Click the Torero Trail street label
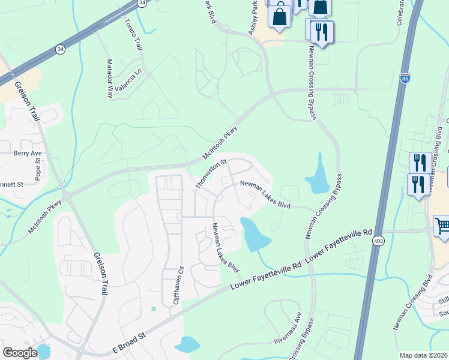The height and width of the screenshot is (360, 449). click(x=133, y=34)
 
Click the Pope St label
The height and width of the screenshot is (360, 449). click(x=38, y=170)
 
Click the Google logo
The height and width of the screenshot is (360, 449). click(x=20, y=353)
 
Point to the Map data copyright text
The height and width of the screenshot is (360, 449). click(x=424, y=355)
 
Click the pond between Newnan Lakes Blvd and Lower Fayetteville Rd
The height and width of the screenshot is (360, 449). click(x=253, y=234)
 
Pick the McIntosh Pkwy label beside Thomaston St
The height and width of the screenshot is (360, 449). click(x=220, y=142)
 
